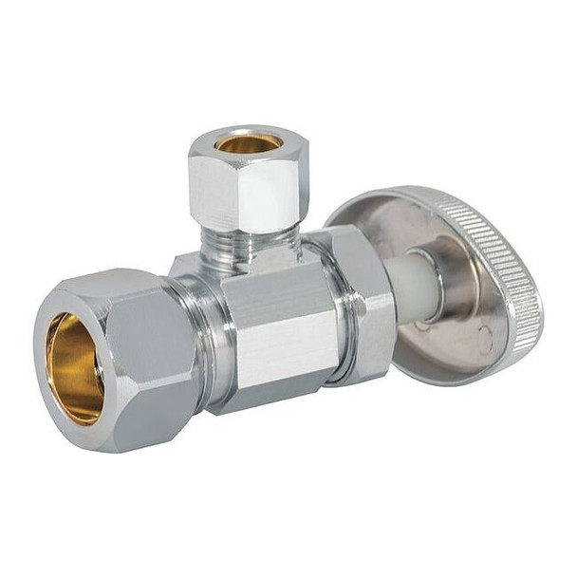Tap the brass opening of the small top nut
click(248, 143)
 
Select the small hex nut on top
click(249, 185)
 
